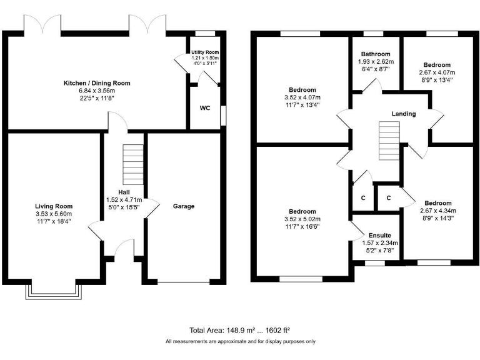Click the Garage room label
(x=184, y=206)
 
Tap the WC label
(x=204, y=108)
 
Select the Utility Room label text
(x=204, y=52)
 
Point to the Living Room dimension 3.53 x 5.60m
(x=54, y=214)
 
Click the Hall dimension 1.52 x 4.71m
(x=124, y=200)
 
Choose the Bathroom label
(x=374, y=54)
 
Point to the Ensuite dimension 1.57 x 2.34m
(x=380, y=243)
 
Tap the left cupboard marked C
(x=362, y=198)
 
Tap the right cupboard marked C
(x=388, y=198)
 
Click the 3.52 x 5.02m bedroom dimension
(x=302, y=219)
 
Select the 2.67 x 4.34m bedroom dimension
(x=437, y=211)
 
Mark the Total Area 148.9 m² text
(x=239, y=330)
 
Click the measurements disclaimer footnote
(x=240, y=342)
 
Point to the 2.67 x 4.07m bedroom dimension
(x=437, y=72)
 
